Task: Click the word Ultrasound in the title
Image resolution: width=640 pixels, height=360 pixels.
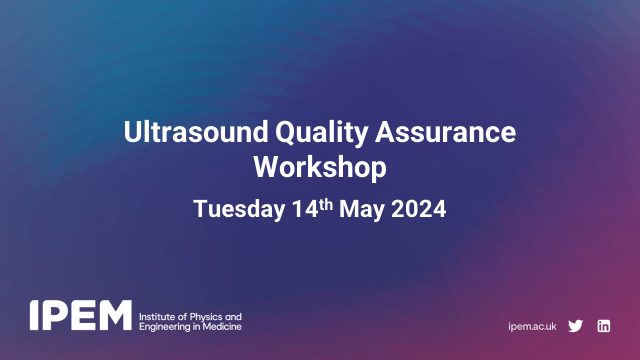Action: click(195, 132)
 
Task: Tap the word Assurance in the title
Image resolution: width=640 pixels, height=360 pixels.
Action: click(445, 132)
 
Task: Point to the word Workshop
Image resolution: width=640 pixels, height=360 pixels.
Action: click(320, 167)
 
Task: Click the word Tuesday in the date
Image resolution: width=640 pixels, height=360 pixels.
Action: click(238, 209)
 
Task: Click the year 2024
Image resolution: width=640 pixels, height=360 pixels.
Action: click(418, 209)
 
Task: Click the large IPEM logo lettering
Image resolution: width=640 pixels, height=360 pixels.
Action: click(80, 315)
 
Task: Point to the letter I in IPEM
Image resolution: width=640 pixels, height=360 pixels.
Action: click(33, 315)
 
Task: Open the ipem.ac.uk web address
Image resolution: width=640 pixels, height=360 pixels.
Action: click(532, 326)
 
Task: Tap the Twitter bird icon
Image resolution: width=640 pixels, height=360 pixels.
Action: click(575, 326)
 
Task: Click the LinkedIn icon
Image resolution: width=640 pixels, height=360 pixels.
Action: click(603, 326)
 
